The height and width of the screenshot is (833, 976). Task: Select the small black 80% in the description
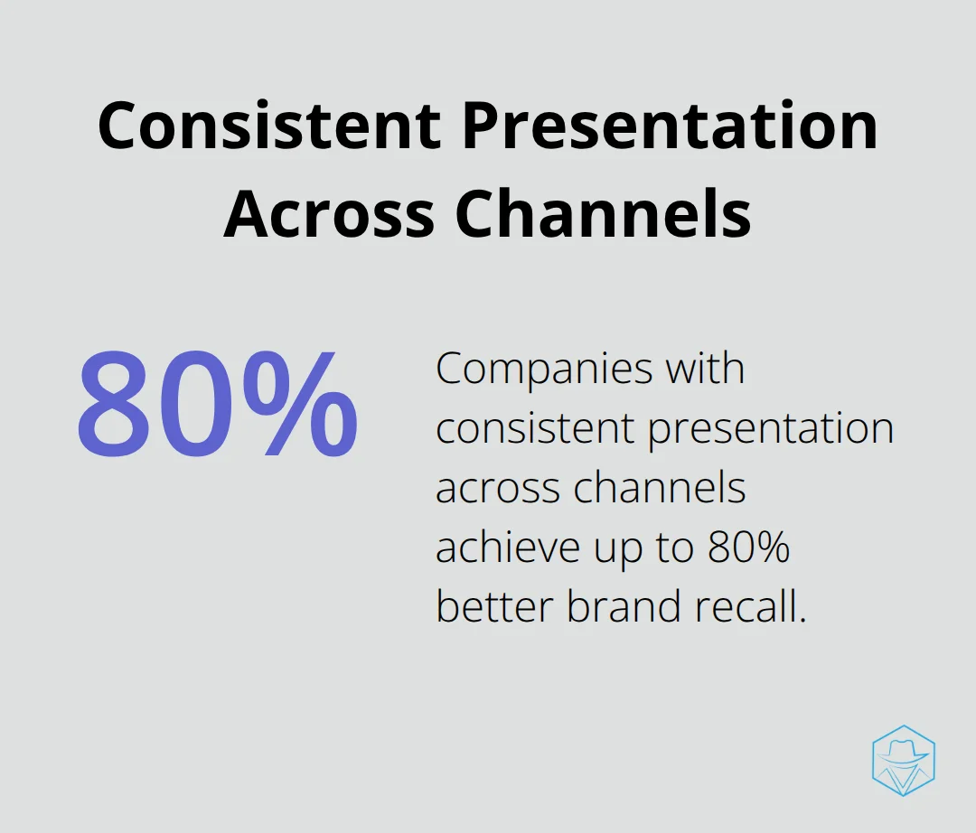(x=749, y=548)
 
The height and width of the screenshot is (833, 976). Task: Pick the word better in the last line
(x=495, y=606)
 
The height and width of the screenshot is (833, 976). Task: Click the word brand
(x=624, y=606)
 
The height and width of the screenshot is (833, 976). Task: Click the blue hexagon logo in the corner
(x=904, y=760)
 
